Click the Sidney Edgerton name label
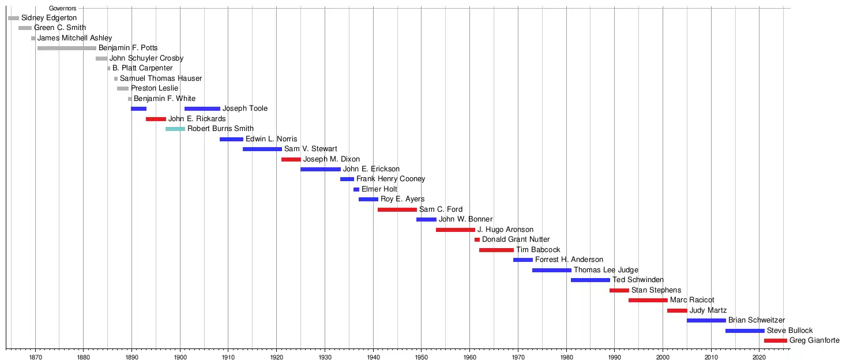pos(49,18)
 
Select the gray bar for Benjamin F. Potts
pos(67,48)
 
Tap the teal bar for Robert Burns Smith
pos(175,129)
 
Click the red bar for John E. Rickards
pos(156,119)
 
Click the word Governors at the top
pos(63,8)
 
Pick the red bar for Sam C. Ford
pos(397,209)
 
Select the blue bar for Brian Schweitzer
pos(706,320)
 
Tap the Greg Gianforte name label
pos(814,340)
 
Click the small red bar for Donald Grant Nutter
pos(477,239)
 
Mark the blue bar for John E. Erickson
pos(321,169)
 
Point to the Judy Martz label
pos(708,310)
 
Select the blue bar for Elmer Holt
pos(356,189)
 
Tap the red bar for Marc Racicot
pos(648,300)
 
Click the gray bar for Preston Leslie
pos(123,88)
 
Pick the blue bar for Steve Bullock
pos(745,331)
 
